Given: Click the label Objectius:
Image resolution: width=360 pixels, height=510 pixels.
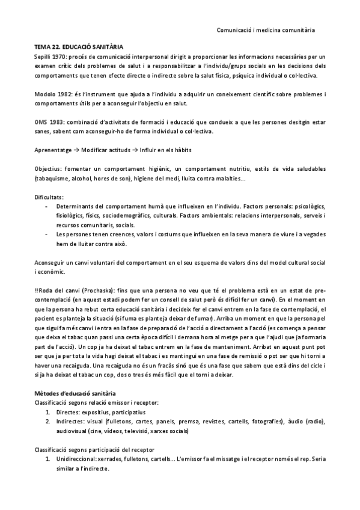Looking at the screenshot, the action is pyautogui.click(x=49, y=169).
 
